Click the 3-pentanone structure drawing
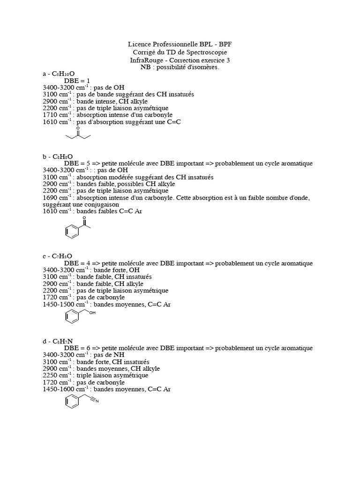tap(77, 135)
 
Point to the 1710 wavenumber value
tap(50, 115)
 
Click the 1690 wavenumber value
tap(50, 197)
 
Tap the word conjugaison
tap(100, 204)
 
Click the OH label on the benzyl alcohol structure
tap(92, 313)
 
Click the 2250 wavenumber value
tap(50, 375)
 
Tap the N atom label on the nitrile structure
tap(97, 401)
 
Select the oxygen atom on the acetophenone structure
tap(84, 218)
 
